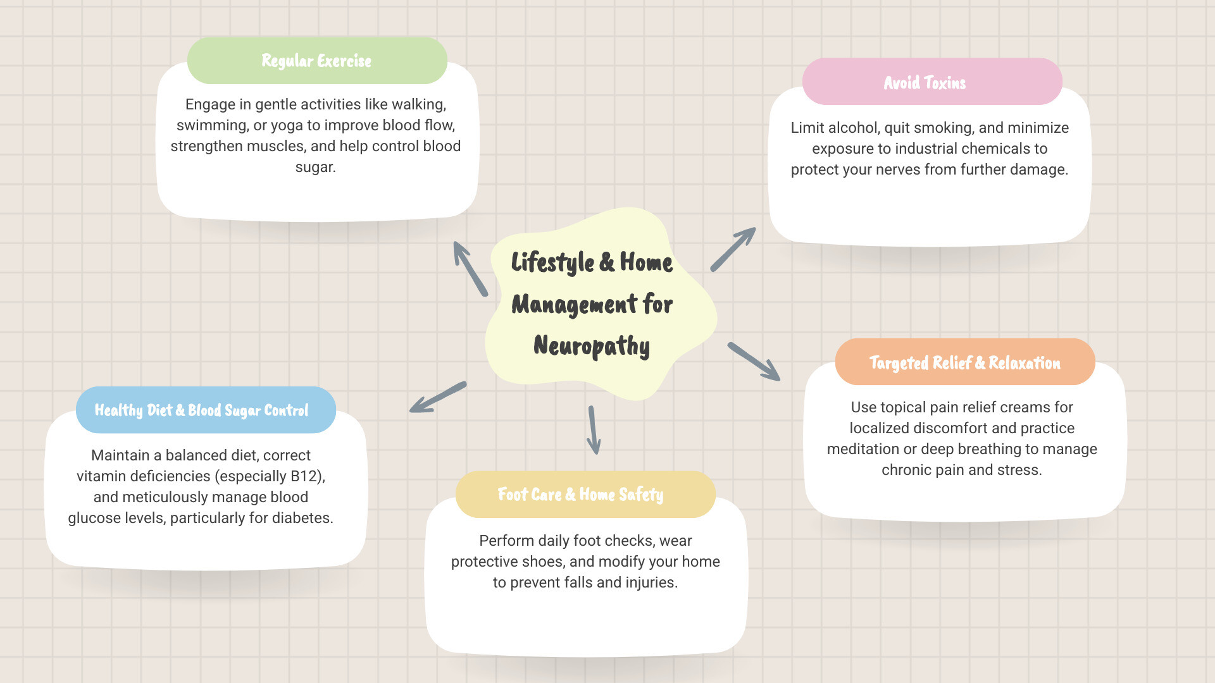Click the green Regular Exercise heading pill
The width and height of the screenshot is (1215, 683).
(317, 61)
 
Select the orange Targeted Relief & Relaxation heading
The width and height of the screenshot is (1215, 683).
(964, 362)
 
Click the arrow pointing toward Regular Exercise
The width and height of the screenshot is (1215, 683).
(470, 269)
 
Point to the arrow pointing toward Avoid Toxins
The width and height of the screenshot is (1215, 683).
(733, 249)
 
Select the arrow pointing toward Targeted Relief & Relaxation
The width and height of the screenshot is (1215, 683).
(754, 362)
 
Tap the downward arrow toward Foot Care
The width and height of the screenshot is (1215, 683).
(594, 430)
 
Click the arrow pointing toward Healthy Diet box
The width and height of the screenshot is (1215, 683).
(438, 397)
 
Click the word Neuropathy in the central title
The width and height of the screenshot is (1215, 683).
(592, 346)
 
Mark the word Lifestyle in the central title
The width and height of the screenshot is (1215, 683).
(552, 262)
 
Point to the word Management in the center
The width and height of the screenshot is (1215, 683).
(575, 305)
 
